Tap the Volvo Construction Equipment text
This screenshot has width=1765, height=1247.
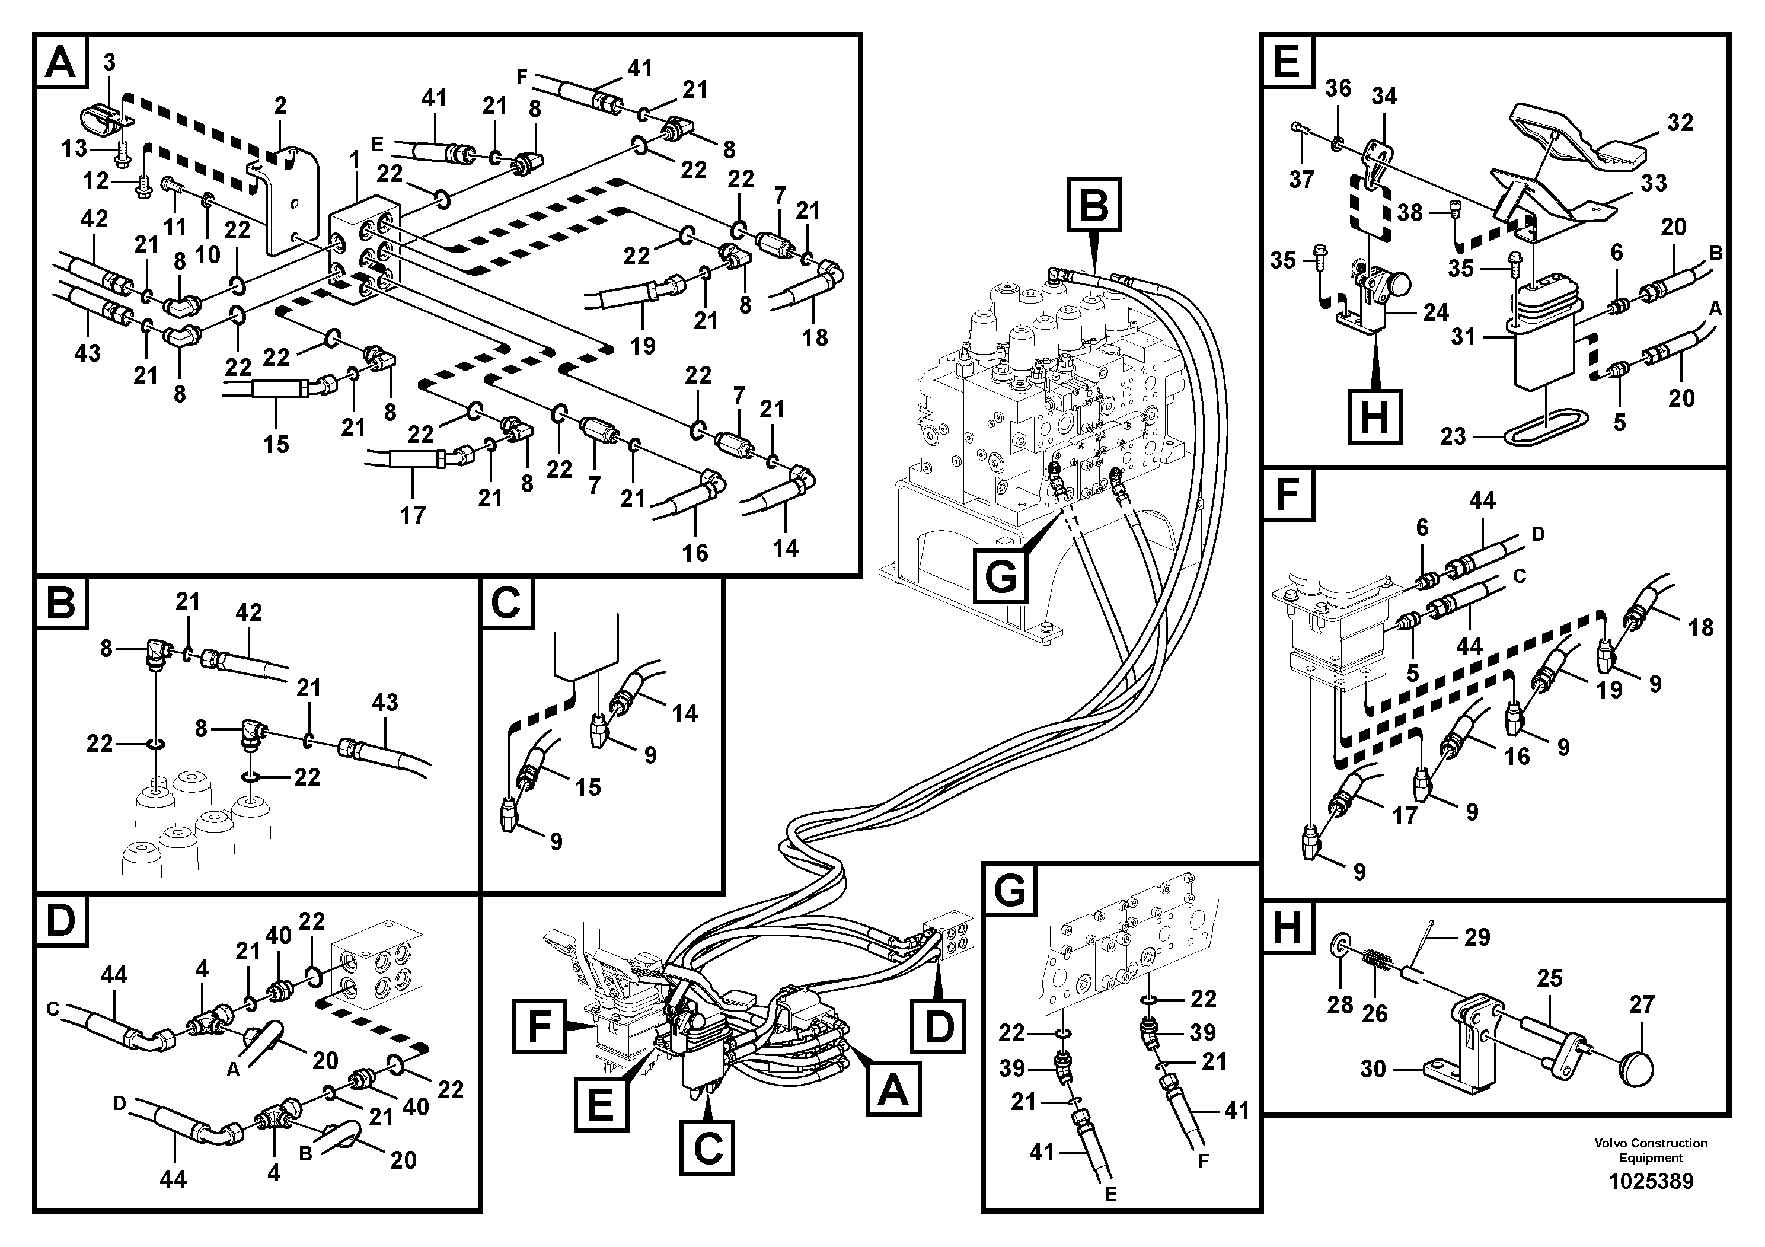pyautogui.click(x=1651, y=1150)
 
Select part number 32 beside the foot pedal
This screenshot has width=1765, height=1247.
pyautogui.click(x=1680, y=123)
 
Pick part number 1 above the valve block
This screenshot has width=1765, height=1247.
pyautogui.click(x=355, y=160)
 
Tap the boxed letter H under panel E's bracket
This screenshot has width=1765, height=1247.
pyautogui.click(x=1374, y=417)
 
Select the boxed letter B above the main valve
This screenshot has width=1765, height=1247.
pyautogui.click(x=1094, y=205)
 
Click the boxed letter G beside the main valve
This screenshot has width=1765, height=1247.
pyautogui.click(x=1001, y=575)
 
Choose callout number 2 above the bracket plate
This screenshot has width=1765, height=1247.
pyautogui.click(x=280, y=106)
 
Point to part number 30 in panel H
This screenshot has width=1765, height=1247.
pyautogui.click(x=1373, y=1069)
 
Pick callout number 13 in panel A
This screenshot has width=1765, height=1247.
pyautogui.click(x=75, y=148)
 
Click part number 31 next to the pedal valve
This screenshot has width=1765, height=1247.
pyautogui.click(x=1463, y=336)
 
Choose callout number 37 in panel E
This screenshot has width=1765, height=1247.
pyautogui.click(x=1301, y=180)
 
